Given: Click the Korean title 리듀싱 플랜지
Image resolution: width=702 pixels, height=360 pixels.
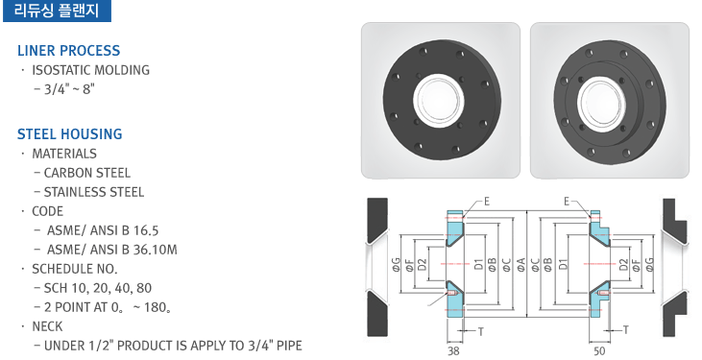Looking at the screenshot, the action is (x=57, y=10).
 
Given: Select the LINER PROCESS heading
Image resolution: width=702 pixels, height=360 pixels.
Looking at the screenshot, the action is (x=69, y=51).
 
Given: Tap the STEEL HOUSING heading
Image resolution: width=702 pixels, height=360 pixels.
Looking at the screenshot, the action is (x=70, y=133).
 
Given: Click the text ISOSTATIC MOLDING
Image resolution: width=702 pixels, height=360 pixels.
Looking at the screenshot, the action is (x=90, y=70).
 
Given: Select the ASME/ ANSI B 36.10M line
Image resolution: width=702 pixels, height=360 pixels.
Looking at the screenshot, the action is (x=112, y=250).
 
